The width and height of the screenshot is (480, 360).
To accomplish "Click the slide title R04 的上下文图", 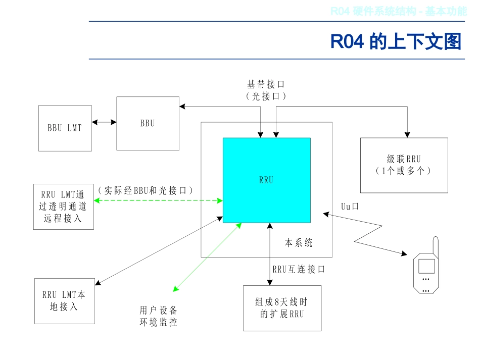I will coord(396,41).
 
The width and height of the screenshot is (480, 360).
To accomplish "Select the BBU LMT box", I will coord(65,128).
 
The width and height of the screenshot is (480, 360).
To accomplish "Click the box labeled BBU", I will coord(148,123).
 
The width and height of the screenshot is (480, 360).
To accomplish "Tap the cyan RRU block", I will coord(266,180).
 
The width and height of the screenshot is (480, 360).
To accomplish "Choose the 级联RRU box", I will coord(404,165).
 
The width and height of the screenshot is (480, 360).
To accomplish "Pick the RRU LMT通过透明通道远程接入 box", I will coord(63,206).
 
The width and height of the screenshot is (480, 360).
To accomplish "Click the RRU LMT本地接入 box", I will coord(64,300).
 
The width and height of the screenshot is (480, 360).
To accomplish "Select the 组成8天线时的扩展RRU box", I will coord(282,308).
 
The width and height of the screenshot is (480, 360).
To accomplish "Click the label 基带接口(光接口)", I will coord(266,90).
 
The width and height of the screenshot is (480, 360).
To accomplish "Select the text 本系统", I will coord(299,243).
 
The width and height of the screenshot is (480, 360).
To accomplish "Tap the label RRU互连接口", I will coord(299,270).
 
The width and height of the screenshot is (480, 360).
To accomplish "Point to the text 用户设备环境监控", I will coord(158,316).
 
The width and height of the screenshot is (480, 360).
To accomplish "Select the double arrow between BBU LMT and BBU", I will coord(104,122).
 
